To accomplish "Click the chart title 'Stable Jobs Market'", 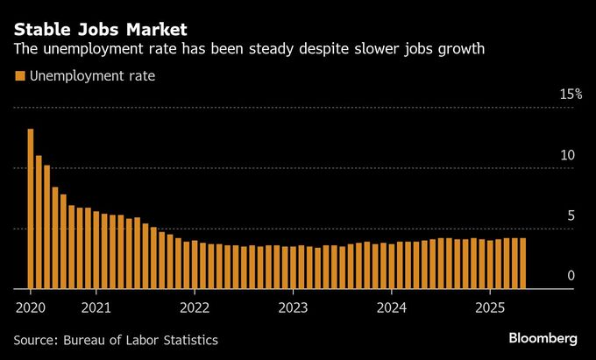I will click(100, 28).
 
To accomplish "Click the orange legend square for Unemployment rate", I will click(19, 77).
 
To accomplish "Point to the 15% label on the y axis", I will click(571, 94).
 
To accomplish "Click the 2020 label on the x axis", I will click(30, 307).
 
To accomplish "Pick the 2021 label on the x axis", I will click(96, 307).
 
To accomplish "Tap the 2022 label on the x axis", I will click(195, 307).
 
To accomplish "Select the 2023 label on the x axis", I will click(293, 307).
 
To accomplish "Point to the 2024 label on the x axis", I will click(391, 307).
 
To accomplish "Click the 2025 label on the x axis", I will click(490, 307).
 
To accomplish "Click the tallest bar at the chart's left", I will click(30, 208).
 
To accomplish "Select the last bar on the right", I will click(523, 263).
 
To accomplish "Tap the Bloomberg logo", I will click(543, 338).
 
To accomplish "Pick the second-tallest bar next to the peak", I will click(39, 222).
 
